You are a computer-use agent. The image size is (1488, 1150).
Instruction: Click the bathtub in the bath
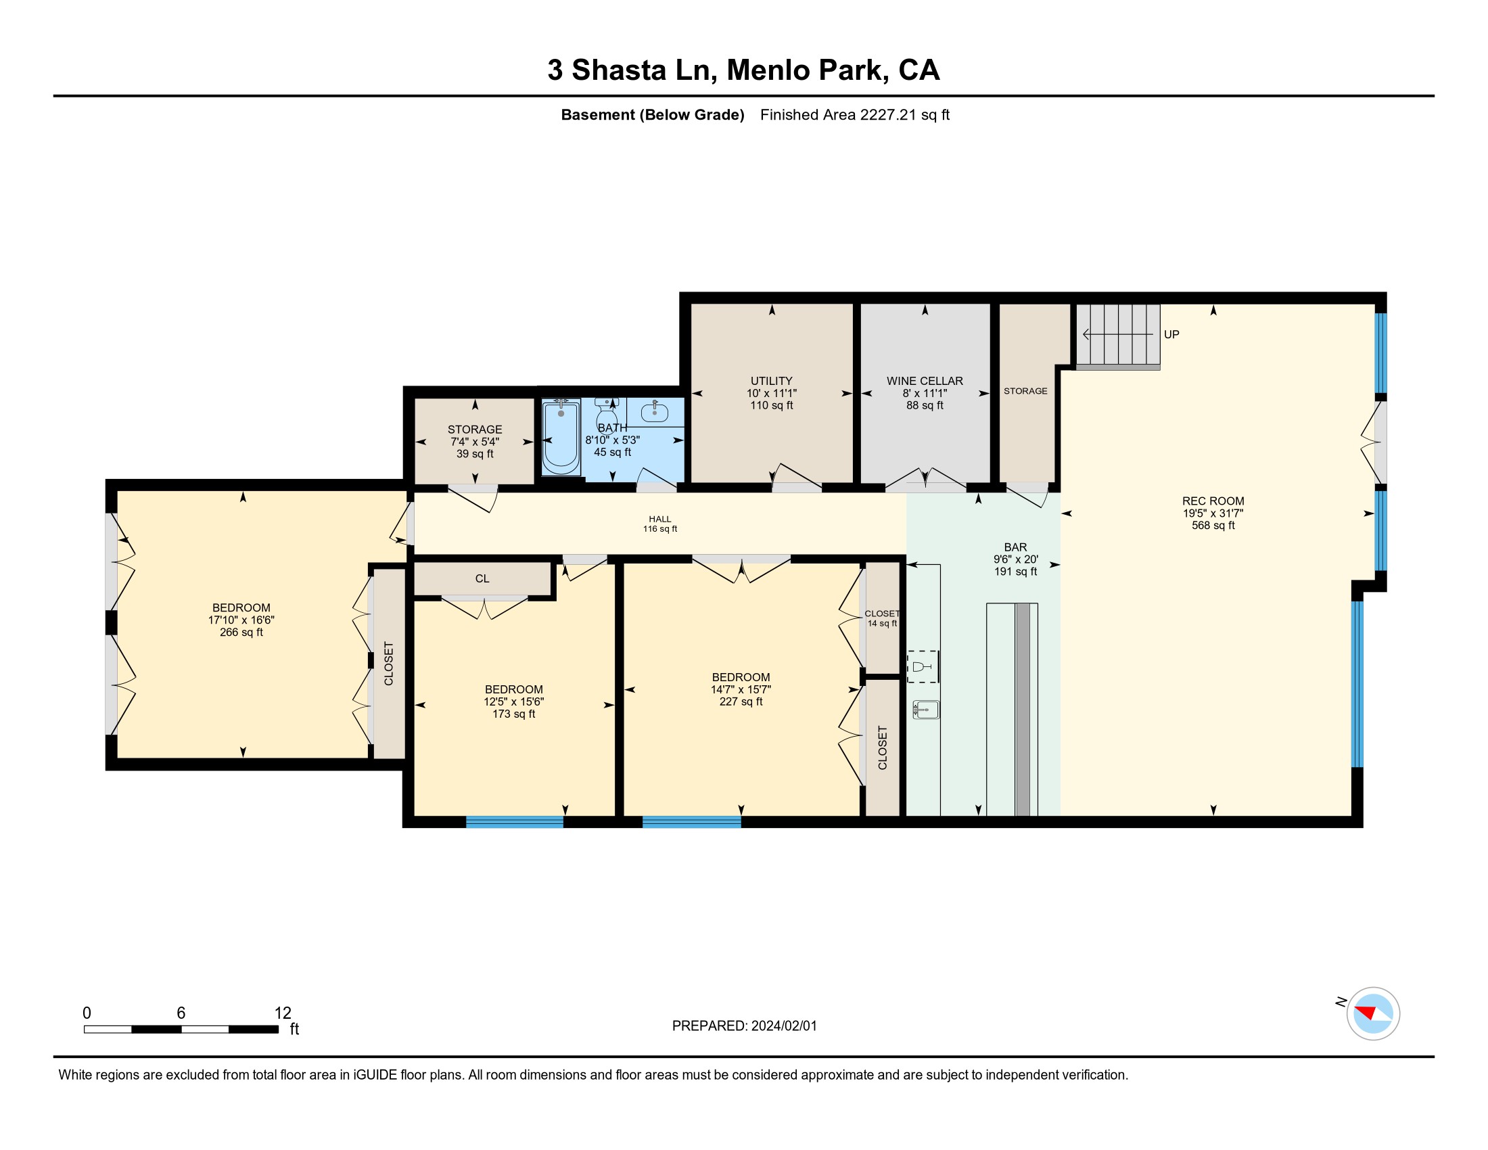tap(561, 438)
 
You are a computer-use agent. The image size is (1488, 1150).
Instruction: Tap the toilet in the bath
tap(607, 413)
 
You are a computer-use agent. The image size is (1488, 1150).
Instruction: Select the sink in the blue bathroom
tap(655, 411)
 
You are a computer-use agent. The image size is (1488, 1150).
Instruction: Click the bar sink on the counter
tap(926, 710)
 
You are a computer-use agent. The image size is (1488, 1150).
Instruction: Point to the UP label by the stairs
tap(1171, 334)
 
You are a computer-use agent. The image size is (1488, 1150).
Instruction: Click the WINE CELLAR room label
tap(925, 381)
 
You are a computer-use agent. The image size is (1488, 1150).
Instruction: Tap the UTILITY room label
tap(771, 381)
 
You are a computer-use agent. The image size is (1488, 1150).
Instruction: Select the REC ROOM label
tap(1213, 501)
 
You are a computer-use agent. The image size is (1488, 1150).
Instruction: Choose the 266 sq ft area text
tap(241, 632)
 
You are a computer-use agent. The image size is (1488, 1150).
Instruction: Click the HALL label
tap(659, 519)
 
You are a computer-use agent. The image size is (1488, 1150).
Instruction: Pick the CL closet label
tap(482, 578)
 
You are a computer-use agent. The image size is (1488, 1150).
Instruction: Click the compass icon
tap(1373, 1013)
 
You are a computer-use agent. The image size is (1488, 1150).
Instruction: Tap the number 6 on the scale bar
tap(181, 1013)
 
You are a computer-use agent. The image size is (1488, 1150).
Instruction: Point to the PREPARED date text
tap(744, 1026)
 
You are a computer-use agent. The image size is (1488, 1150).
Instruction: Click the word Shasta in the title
tap(619, 70)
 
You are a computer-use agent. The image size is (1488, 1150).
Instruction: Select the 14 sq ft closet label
tap(882, 624)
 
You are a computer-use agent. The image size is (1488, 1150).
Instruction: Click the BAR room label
tap(1015, 547)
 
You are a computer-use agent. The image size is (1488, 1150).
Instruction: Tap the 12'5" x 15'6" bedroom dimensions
tap(514, 701)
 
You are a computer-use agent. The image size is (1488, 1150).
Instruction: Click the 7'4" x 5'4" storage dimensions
tap(475, 442)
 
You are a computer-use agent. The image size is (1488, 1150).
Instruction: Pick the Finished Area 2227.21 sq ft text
tap(854, 115)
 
